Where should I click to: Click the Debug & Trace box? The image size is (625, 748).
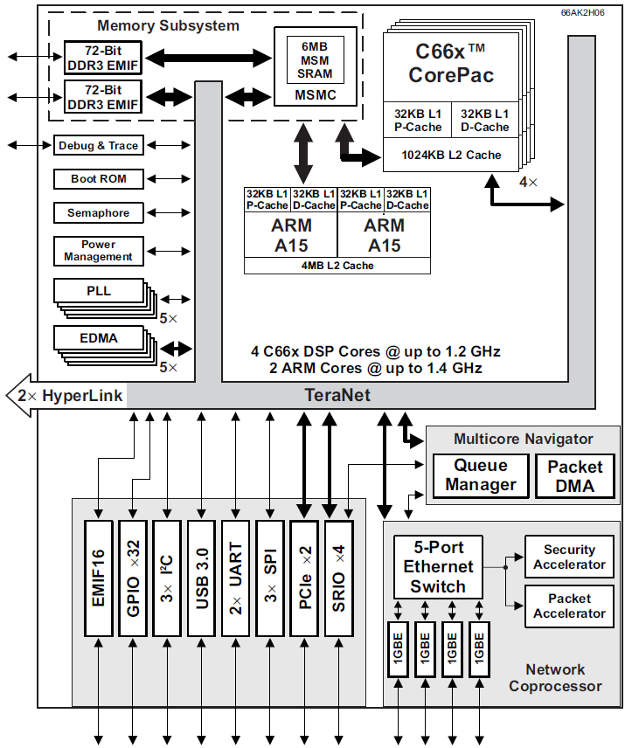pos(98,145)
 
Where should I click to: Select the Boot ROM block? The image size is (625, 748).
pos(98,179)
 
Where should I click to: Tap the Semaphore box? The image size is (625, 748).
pos(98,213)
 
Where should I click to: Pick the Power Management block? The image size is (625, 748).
pos(98,251)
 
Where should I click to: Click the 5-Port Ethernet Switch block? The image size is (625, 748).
pos(438,567)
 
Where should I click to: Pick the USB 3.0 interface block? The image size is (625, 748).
pos(202,578)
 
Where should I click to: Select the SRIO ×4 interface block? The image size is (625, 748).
pos(338,578)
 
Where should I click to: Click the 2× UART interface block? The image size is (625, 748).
pos(236,578)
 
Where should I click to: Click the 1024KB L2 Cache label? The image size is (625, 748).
pos(451,155)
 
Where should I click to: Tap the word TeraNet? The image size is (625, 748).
pos(337,395)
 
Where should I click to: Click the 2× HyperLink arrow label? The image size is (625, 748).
pos(70,395)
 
